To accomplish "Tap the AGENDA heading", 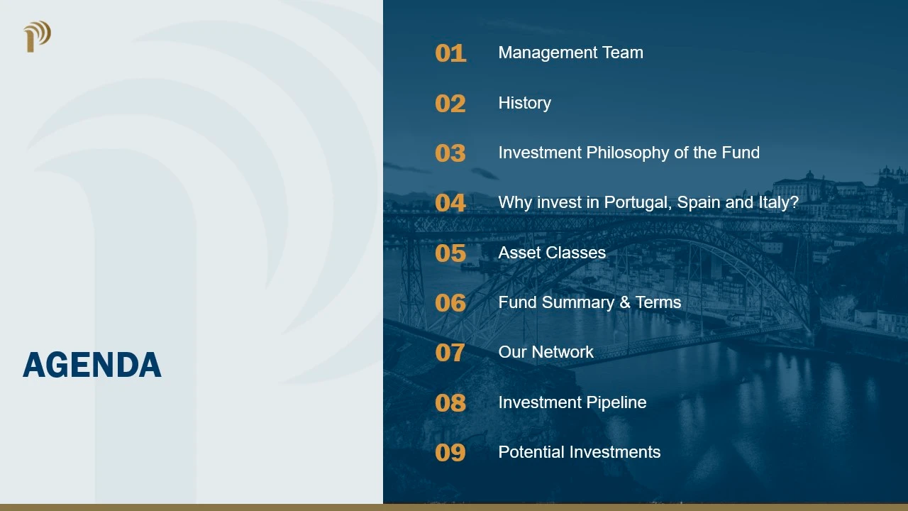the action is click(92, 365).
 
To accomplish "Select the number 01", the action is click(450, 53).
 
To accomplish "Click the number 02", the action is click(450, 104).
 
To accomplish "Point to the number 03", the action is click(450, 153).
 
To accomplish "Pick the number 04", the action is click(450, 203).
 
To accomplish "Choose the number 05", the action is click(450, 253).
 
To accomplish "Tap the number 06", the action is click(450, 303).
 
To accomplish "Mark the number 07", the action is click(450, 353).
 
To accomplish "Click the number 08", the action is click(450, 402).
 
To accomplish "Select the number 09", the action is click(450, 453).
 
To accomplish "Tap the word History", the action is click(525, 104).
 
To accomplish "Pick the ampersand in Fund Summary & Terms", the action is click(625, 302).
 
